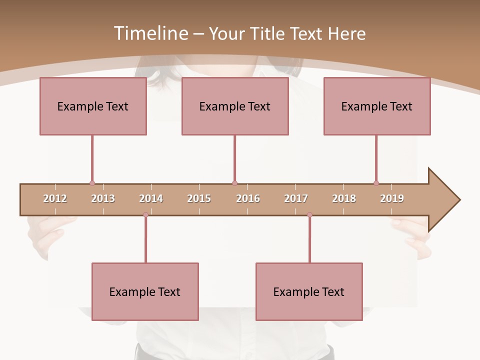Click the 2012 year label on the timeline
(x=55, y=198)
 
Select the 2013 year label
(x=103, y=198)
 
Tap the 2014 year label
(x=151, y=198)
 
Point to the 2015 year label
(x=199, y=198)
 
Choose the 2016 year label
(x=248, y=198)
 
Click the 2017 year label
(x=296, y=198)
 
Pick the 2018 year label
(x=344, y=198)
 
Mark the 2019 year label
(x=392, y=198)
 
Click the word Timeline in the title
(x=150, y=33)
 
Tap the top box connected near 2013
(x=93, y=106)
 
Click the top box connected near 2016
(x=235, y=106)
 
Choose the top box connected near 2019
(x=377, y=106)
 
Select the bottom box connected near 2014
(x=145, y=291)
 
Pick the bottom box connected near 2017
(x=309, y=291)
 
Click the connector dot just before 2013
(x=92, y=183)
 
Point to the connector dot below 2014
(x=145, y=214)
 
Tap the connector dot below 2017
(x=309, y=214)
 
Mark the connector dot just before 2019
(x=376, y=183)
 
